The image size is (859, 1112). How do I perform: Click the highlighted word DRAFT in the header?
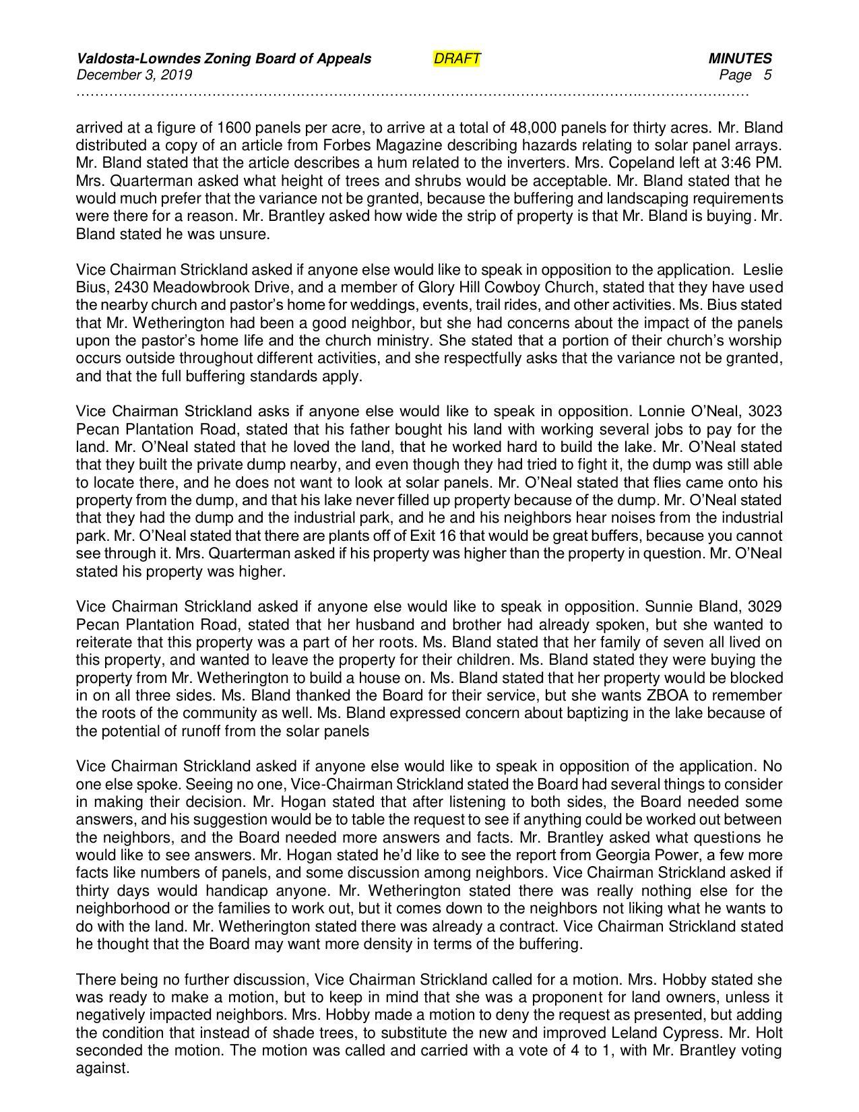point(457,59)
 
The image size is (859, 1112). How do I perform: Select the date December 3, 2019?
point(134,75)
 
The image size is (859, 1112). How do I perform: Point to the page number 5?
point(767,75)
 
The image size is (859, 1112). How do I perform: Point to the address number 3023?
point(765,412)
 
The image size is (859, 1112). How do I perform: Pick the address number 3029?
point(765,607)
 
